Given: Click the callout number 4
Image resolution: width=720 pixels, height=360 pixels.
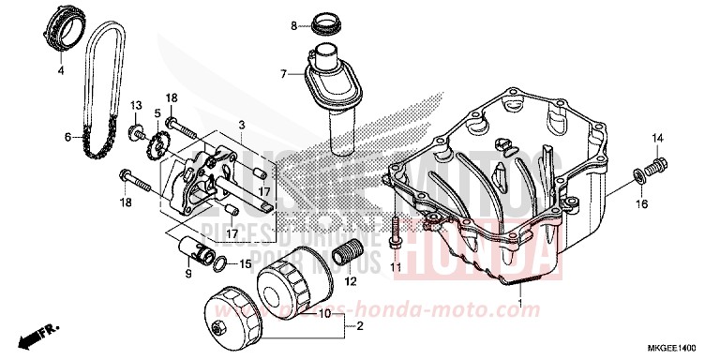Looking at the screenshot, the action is tap(60, 70).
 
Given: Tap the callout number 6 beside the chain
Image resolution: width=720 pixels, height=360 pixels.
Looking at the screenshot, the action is tap(67, 137).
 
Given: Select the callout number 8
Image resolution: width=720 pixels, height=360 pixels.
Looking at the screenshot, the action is tap(292, 25).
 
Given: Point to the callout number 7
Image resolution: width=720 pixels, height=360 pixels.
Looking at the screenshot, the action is tap(281, 72).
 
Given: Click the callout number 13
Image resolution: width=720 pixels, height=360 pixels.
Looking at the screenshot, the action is tap(135, 104).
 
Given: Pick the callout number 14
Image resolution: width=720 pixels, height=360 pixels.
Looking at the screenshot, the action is tap(657, 139).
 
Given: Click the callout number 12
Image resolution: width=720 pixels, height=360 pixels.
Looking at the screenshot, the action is tap(351, 280).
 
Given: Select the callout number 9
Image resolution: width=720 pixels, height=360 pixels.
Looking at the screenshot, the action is tap(187, 274).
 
